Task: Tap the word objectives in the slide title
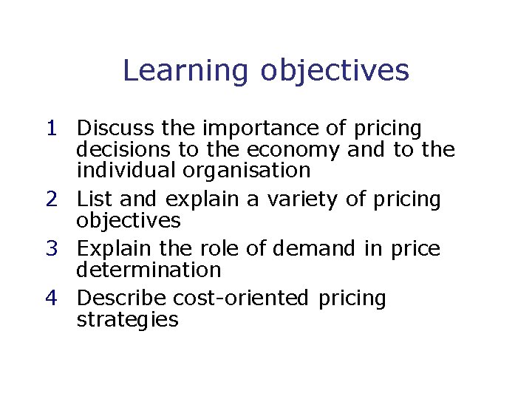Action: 334,71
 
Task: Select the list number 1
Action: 50,129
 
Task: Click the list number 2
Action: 50,199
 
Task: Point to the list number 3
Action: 50,249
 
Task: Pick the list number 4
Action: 50,299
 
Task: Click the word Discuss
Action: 116,129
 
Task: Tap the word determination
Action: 149,270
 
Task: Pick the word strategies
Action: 127,321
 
